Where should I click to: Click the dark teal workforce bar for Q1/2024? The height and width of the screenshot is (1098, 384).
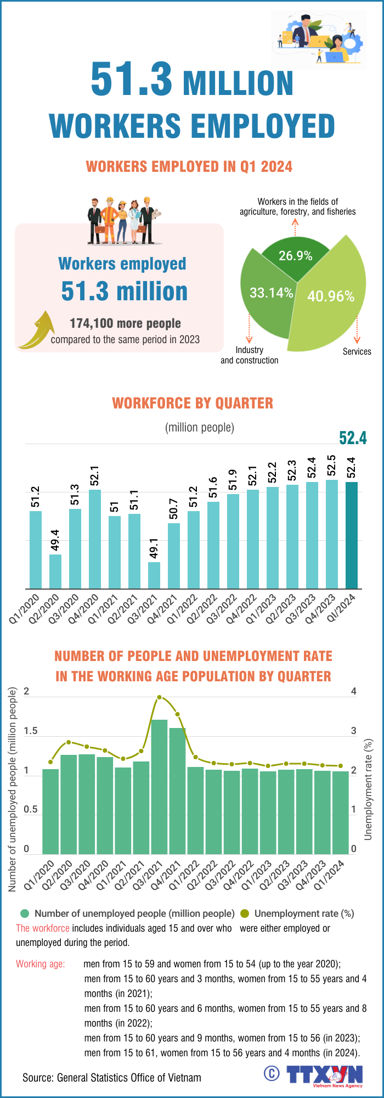351,535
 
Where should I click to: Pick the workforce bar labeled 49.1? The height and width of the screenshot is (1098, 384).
154,575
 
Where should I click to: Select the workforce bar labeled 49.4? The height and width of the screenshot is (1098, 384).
55,571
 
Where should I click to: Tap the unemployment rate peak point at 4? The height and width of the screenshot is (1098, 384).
159,698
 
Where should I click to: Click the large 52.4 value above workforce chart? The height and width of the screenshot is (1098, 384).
352,438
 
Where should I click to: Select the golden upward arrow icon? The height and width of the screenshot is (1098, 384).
37,330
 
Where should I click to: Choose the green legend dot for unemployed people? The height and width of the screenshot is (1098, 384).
24,914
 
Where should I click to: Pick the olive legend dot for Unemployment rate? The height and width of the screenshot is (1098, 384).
245,914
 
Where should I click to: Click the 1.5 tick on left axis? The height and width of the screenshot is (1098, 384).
31,731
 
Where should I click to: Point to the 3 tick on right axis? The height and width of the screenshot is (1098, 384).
354,731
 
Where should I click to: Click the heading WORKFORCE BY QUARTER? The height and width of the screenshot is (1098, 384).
193,403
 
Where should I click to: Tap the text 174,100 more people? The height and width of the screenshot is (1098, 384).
125,323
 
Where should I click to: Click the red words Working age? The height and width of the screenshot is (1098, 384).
40,963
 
